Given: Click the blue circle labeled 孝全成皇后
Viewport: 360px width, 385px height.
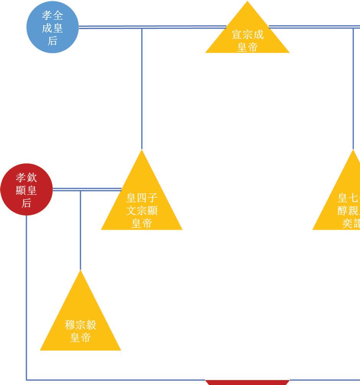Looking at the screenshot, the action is tap(52, 28).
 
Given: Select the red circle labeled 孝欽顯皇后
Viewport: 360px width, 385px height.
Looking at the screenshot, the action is tap(26, 190).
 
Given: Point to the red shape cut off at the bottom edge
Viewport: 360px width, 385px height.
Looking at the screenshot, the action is tap(247, 382).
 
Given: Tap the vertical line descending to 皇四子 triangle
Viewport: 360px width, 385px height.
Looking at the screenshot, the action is tap(142, 88).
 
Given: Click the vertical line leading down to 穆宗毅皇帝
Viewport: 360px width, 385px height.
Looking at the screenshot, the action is tap(80, 230).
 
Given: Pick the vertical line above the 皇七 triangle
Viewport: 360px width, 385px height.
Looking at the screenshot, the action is tap(353, 88).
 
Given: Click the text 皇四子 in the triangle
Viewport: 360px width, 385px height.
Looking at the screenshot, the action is tap(142, 198).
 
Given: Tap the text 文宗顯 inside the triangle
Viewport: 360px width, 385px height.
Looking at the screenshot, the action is tap(142, 211).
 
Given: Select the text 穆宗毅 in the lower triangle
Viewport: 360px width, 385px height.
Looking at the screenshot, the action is tap(80, 325).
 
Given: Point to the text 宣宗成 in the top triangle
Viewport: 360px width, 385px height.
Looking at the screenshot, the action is tap(247, 35).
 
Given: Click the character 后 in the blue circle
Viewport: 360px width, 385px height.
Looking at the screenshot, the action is tap(52, 41).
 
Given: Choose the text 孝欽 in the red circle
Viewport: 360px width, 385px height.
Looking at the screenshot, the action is tap(26, 178).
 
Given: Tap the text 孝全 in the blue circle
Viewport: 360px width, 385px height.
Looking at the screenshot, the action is tap(52, 16).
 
